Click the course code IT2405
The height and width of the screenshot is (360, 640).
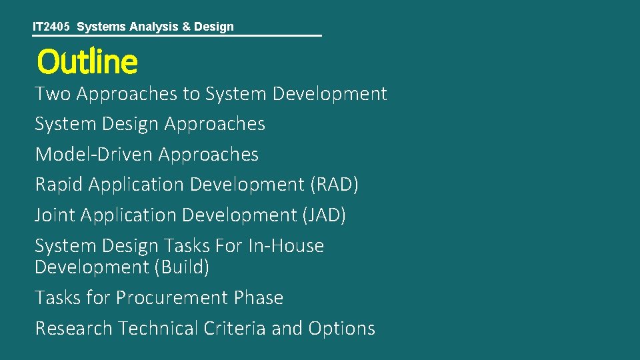(53, 27)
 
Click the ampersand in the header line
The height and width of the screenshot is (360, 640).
(186, 27)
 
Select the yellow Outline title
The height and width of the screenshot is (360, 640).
(87, 62)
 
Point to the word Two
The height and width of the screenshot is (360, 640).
(53, 93)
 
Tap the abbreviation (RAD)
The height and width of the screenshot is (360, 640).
(335, 184)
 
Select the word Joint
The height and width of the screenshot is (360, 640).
(55, 215)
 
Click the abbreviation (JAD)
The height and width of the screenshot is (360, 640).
(324, 215)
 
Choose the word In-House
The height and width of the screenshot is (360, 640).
(286, 245)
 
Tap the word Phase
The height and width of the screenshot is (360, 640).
(259, 297)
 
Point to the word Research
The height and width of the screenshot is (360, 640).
(74, 328)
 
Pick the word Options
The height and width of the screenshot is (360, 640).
(342, 328)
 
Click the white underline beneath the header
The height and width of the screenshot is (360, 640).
(177, 35)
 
